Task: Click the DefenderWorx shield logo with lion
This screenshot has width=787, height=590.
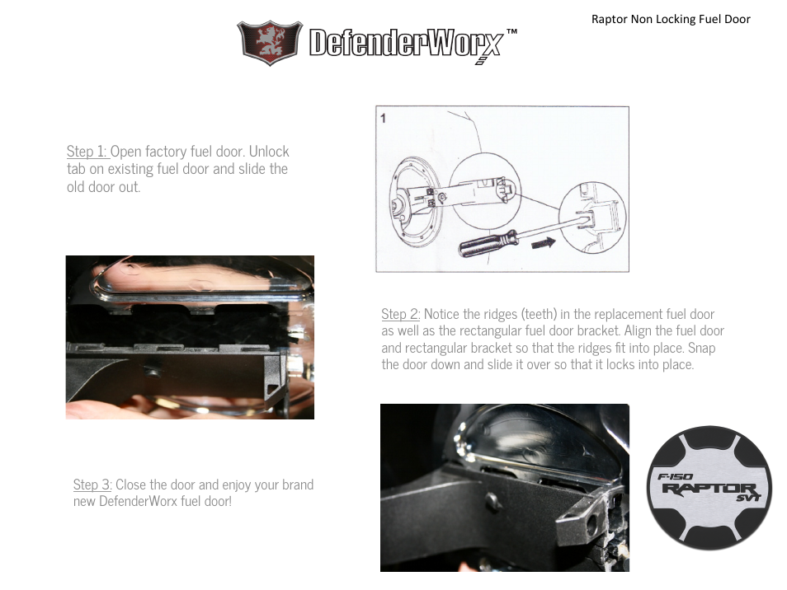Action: click(270, 43)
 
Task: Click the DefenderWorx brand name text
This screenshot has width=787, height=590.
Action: click(404, 44)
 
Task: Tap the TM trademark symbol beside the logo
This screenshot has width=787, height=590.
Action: click(511, 32)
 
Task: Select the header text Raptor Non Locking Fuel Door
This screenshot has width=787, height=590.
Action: click(671, 19)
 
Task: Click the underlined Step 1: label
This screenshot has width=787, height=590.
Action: click(87, 152)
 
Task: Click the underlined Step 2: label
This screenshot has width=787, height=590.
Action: click(401, 314)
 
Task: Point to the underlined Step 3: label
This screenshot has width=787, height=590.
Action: click(92, 485)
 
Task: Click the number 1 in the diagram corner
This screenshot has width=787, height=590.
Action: click(384, 119)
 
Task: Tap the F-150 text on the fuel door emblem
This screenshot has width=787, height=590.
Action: click(675, 477)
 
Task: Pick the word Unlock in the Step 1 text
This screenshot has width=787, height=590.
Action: click(269, 152)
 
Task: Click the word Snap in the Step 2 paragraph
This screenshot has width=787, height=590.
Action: click(700, 347)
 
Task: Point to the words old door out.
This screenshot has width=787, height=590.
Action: click(104, 186)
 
